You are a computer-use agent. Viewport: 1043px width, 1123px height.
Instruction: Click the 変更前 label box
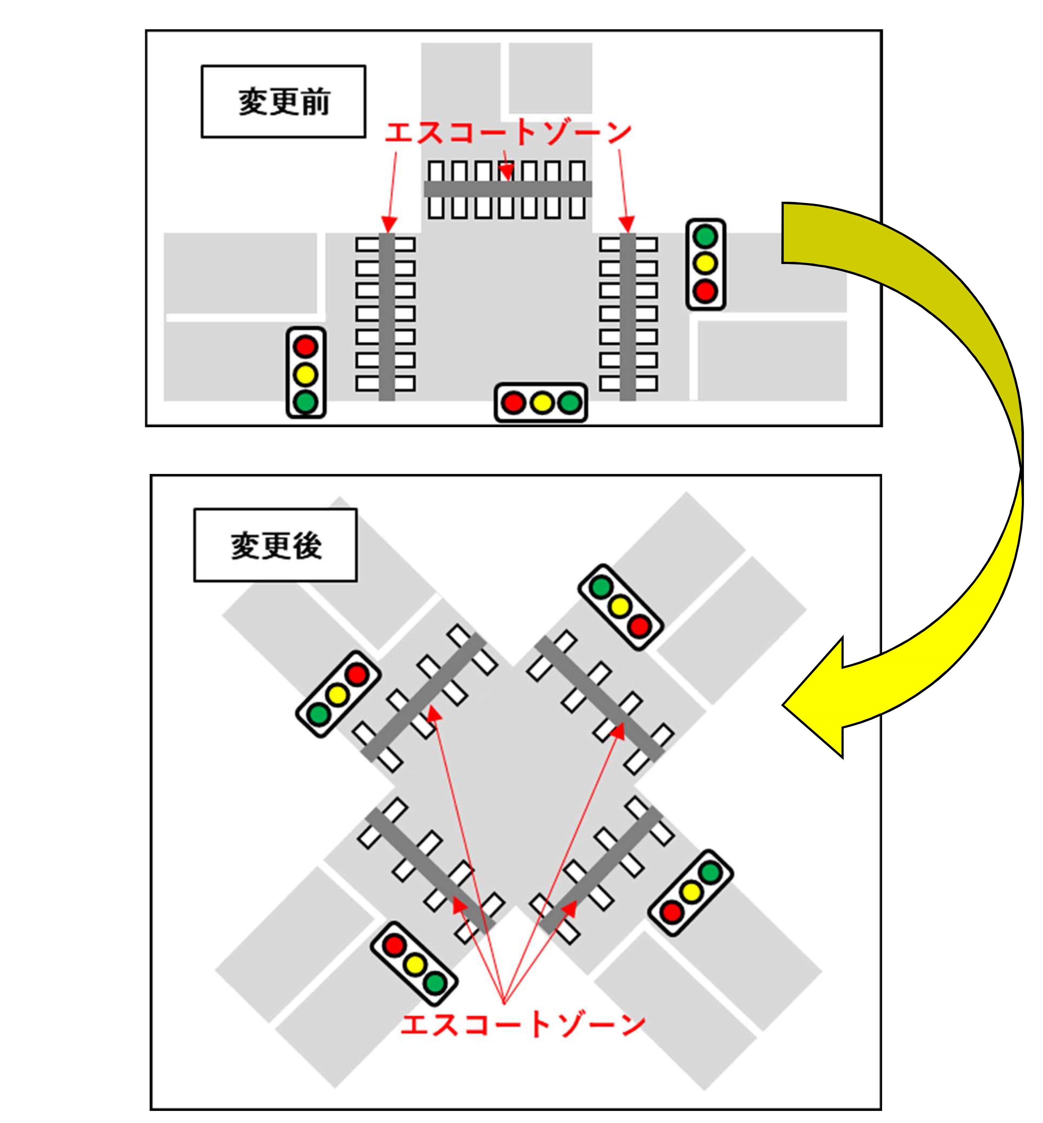click(283, 102)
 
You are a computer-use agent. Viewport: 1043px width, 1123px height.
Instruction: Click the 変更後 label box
click(275, 545)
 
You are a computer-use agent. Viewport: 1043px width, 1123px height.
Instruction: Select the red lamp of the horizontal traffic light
click(514, 403)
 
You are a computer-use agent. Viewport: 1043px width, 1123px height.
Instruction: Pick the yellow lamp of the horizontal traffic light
click(542, 403)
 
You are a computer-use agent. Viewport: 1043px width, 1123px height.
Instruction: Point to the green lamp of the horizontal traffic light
click(570, 403)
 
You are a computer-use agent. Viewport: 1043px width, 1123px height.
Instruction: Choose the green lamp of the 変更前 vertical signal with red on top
click(306, 402)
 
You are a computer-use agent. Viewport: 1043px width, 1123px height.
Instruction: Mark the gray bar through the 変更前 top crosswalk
click(508, 189)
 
